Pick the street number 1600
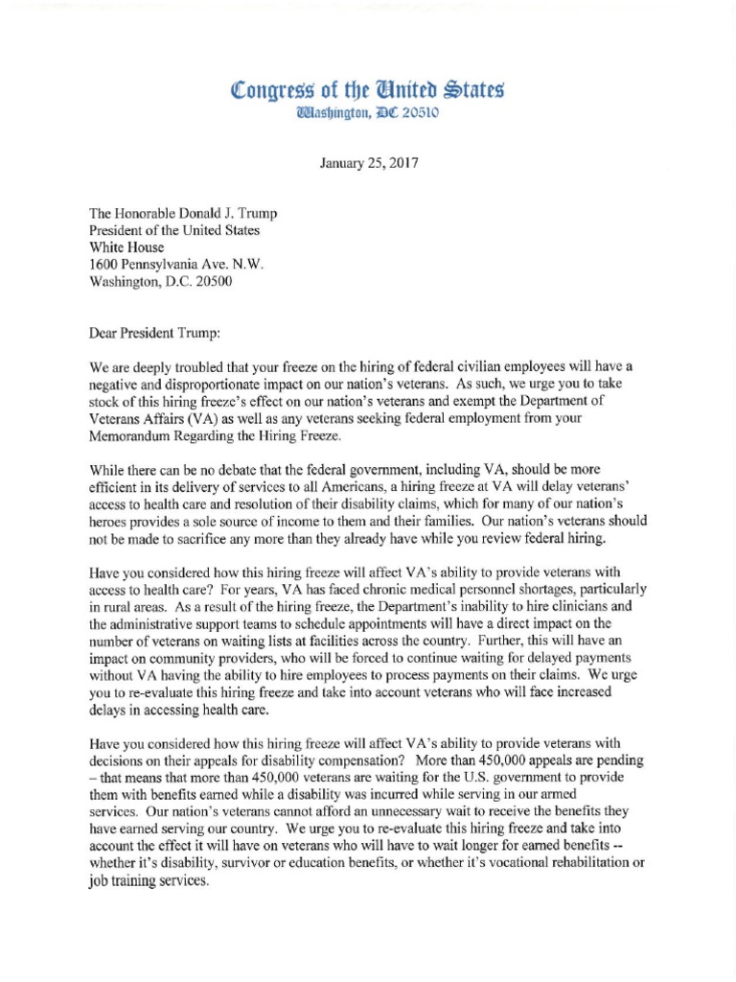105,265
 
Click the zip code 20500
210,282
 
